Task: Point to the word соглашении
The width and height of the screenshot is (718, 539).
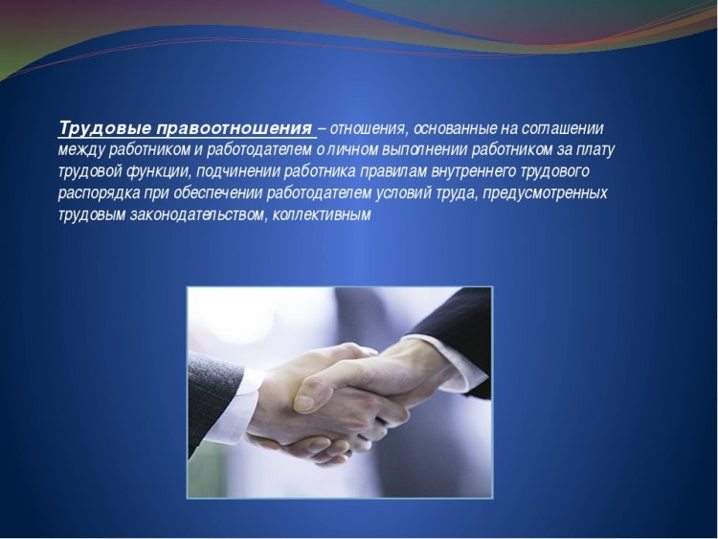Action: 559,128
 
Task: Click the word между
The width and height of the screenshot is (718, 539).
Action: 79,149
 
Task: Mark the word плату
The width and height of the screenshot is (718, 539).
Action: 595,149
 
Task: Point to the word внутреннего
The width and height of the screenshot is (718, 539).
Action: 478,171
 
